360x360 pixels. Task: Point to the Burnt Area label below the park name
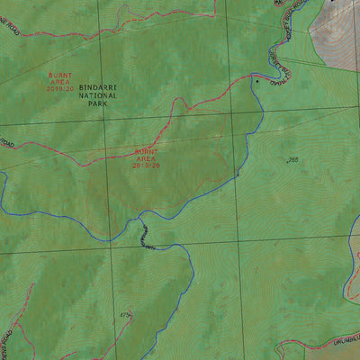pyautogui.click(x=146, y=158)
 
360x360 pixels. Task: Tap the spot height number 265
pyautogui.click(x=292, y=160)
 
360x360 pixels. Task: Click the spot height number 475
pyautogui.click(x=125, y=315)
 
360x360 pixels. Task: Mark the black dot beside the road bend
pyautogui.click(x=257, y=80)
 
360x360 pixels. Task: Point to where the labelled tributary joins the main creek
pyautogui.click(x=139, y=217)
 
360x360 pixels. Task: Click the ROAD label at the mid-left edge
pyautogui.click(x=7, y=144)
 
